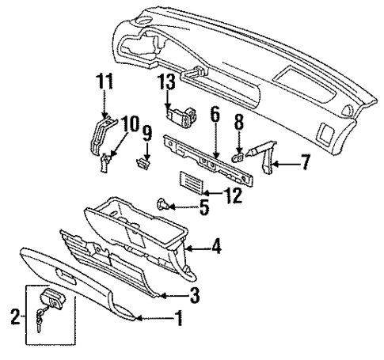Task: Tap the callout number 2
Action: pos(14,318)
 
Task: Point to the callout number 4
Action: pos(216,248)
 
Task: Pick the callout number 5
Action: pos(203,209)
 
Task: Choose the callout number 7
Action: pos(306,165)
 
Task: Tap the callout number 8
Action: pos(238,124)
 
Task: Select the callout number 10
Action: pos(130,123)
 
